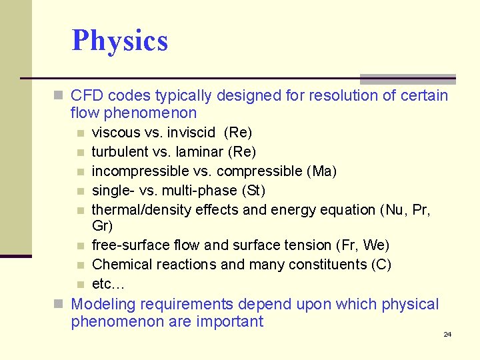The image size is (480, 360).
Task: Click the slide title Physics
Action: [x=120, y=41]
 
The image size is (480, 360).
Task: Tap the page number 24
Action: [x=447, y=334]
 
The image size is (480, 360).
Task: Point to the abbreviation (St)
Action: [x=253, y=191]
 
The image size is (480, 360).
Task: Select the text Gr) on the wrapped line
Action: [x=102, y=226]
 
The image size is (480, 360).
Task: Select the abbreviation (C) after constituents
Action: [x=380, y=265]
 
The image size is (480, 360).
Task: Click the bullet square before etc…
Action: [x=80, y=285]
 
